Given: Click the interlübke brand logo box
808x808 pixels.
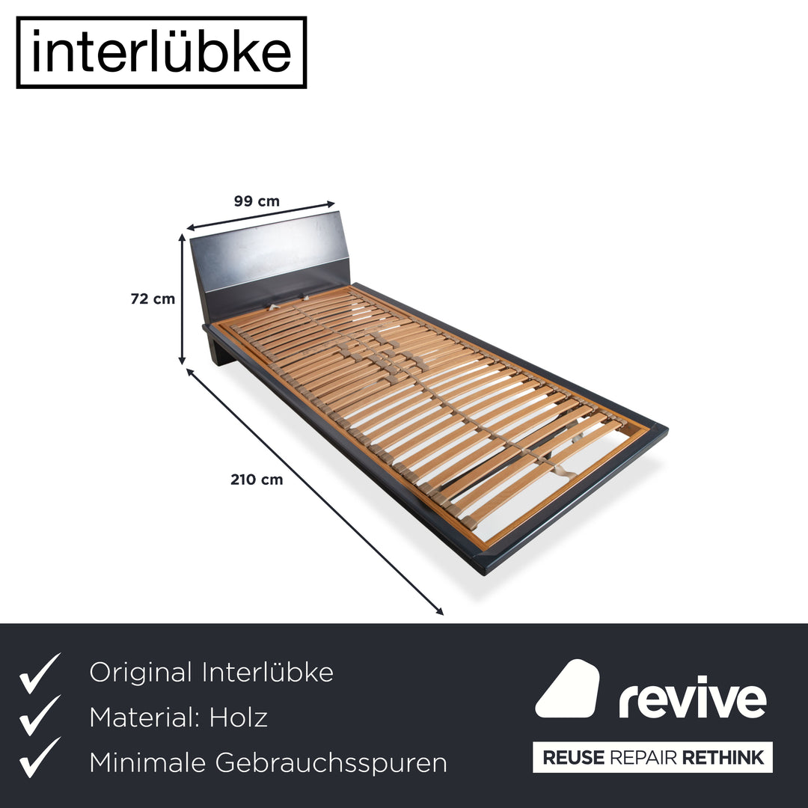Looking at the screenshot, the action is [x=162, y=52].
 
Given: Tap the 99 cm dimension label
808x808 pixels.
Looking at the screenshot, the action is [x=257, y=201].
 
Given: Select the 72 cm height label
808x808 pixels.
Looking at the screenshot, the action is [x=153, y=299].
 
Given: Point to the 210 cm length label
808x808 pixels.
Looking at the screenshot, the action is [x=257, y=480].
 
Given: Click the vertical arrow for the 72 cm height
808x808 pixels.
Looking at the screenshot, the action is [x=182, y=299].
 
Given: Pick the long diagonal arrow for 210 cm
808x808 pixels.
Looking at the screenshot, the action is [x=314, y=492].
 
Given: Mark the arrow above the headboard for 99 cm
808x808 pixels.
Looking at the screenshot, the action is [x=261, y=216].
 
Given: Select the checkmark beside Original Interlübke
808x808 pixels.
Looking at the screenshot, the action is [x=40, y=673].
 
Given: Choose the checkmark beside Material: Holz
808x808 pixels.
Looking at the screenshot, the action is [x=40, y=715].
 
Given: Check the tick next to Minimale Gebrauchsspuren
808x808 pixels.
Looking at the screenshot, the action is [x=40, y=757].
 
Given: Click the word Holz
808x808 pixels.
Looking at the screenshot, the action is [x=238, y=717].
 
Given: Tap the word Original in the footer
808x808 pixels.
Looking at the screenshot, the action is [x=141, y=673].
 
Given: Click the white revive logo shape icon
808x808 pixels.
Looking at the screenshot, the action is [x=567, y=688].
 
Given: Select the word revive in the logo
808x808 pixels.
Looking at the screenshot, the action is [x=693, y=697].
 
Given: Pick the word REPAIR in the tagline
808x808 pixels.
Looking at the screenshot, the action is [x=643, y=757].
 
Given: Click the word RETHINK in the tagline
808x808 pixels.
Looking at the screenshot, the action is [x=723, y=757].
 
